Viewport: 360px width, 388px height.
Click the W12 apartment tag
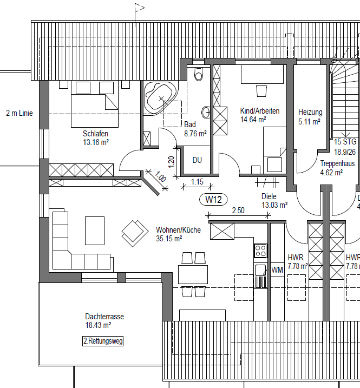[x=213, y=200]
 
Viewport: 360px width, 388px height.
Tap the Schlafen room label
[x=95, y=134]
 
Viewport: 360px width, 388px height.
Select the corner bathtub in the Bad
[x=160, y=97]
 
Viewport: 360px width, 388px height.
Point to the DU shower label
[x=197, y=160]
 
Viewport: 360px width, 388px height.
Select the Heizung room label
[x=310, y=113]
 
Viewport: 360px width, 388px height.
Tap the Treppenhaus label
[x=337, y=163]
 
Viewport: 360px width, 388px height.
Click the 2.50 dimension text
[x=239, y=210]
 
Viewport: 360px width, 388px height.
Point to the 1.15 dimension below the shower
[x=196, y=182]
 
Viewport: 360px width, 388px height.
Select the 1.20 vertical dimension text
[x=171, y=161]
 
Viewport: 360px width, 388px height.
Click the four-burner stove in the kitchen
[x=260, y=250]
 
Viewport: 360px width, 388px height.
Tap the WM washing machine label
[x=277, y=269]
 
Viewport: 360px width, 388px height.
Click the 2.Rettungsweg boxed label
[x=102, y=341]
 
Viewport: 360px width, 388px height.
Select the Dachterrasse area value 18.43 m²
[x=98, y=325]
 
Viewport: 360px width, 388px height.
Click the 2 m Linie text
[x=19, y=113]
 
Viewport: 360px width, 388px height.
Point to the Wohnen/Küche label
[x=178, y=229]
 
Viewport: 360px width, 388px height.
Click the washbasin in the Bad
[x=206, y=113]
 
